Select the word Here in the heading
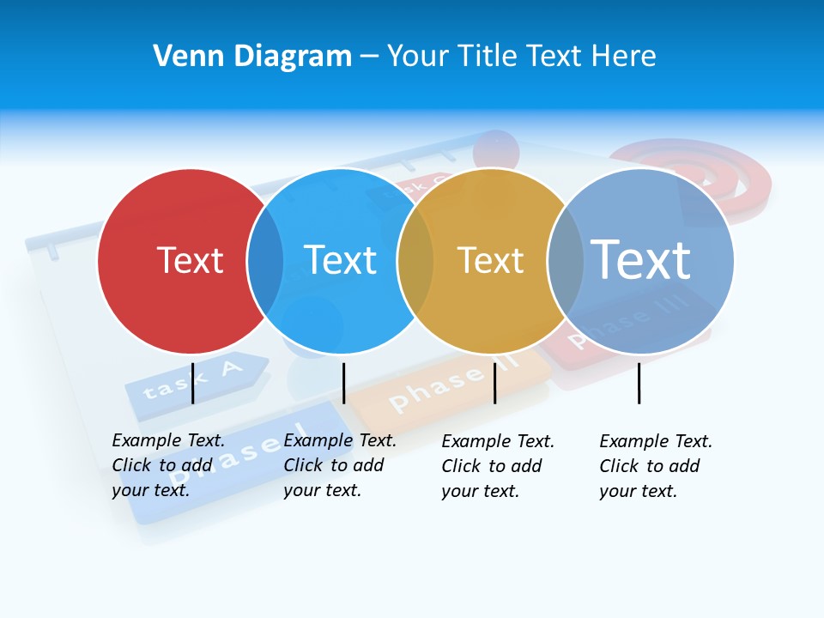(x=625, y=57)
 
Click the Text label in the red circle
(x=190, y=260)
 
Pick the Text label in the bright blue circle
(x=340, y=260)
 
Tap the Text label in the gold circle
(x=490, y=260)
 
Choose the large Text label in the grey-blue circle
(x=640, y=258)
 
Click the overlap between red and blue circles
(x=265, y=261)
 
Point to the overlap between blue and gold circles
(x=415, y=261)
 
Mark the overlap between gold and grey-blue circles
(x=566, y=261)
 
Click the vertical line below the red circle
(x=192, y=383)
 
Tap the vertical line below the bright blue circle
(x=343, y=383)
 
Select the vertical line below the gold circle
(x=494, y=383)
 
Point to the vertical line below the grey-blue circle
(x=639, y=383)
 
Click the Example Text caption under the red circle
(x=168, y=465)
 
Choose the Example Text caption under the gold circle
(x=498, y=466)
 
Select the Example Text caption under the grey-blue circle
(x=656, y=466)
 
